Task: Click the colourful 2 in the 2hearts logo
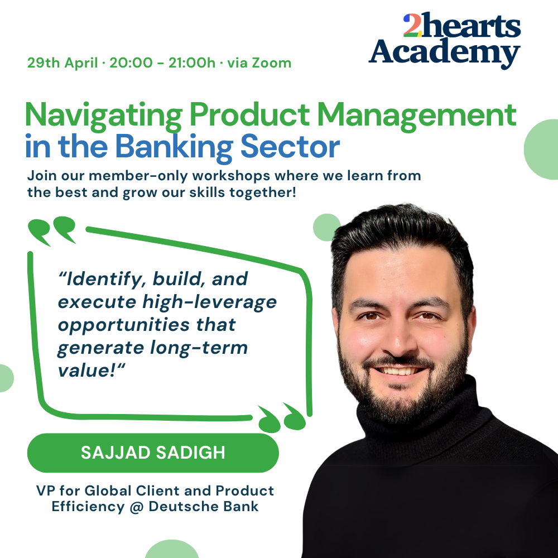coord(412,25)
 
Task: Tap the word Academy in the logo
coord(444,52)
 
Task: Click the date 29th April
coord(62,63)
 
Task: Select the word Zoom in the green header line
coord(272,63)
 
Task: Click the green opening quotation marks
coord(52,231)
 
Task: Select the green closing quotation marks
coord(282,417)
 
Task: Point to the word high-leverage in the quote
coord(209,302)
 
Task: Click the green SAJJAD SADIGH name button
coord(153,453)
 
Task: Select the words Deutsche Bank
coord(204,507)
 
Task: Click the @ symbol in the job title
coord(137,507)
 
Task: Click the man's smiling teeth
coord(398,371)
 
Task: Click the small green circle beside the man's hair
coord(326,228)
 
